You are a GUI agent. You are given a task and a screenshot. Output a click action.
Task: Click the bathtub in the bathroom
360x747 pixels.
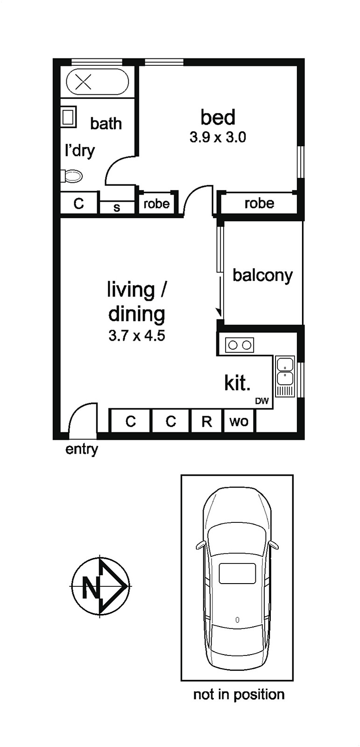(x=98, y=82)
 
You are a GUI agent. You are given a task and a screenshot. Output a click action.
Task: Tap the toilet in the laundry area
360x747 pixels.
(x=71, y=176)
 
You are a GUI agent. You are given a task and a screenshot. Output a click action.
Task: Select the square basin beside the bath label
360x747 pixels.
(x=69, y=116)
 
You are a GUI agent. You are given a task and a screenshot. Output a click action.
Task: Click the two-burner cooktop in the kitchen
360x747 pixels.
(x=240, y=345)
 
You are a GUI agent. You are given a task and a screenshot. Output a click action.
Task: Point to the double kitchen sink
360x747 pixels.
(x=285, y=376)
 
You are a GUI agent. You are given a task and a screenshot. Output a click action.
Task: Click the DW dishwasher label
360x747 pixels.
(x=262, y=401)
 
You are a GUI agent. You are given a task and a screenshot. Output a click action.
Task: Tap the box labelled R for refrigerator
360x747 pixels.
(x=206, y=422)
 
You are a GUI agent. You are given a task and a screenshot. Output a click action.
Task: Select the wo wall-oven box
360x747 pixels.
(x=239, y=422)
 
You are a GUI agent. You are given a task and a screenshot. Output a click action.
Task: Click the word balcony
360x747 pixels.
(x=262, y=276)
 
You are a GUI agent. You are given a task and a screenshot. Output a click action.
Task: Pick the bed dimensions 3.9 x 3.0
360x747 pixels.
(x=218, y=137)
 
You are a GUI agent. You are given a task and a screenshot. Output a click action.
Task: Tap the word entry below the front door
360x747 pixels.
(x=82, y=450)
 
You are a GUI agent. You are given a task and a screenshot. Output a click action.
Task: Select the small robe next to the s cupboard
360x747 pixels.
(x=156, y=204)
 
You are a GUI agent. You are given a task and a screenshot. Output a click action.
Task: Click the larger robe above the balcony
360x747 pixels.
(x=259, y=203)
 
